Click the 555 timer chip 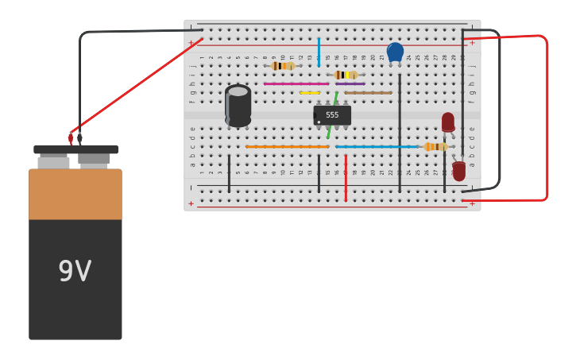332,115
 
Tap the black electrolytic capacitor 238,106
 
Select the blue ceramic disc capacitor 395,52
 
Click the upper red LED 448,122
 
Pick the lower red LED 459,171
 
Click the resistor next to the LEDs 435,146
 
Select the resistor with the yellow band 346,75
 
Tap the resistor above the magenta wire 282,66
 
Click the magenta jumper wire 296,83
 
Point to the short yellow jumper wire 310,93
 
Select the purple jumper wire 350,83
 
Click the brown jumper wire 368,93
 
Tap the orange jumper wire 287,146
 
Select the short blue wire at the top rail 319,51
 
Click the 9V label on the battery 75,272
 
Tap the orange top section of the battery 75,194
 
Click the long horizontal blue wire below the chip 376,146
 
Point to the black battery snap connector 75,149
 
